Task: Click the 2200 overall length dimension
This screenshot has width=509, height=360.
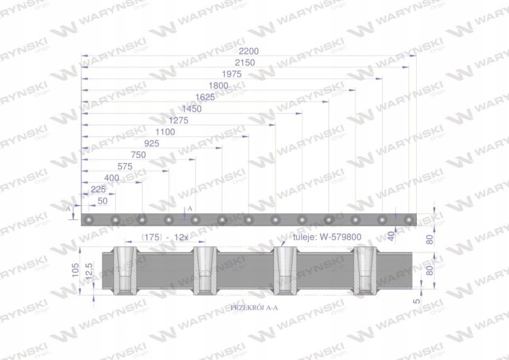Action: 248,52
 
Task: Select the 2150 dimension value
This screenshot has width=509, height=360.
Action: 245,62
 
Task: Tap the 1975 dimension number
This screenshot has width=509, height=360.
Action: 231,74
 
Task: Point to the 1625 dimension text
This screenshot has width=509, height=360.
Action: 205,97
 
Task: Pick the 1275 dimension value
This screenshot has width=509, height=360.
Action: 178,120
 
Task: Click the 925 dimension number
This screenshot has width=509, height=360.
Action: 151,143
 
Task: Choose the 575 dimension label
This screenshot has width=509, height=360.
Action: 125,166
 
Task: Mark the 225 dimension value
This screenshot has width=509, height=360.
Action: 98,190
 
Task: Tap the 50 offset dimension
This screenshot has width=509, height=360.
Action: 102,201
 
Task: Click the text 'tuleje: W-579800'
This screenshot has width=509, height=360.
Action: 327,237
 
